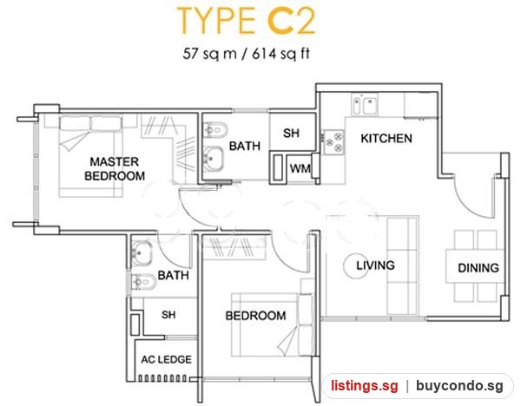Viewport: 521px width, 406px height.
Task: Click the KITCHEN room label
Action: (x=386, y=139)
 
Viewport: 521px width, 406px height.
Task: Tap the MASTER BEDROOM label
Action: (x=115, y=168)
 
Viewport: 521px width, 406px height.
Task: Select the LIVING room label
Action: (x=375, y=265)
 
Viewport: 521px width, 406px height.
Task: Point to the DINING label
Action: (x=478, y=268)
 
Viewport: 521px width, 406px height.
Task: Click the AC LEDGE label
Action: (x=166, y=359)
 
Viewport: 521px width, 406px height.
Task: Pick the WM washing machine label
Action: (x=300, y=168)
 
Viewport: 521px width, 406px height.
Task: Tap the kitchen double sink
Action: (x=365, y=104)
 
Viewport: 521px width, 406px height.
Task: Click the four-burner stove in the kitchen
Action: (x=333, y=141)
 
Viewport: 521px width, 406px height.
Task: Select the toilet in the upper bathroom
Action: (x=215, y=130)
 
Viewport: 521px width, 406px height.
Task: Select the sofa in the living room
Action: (x=403, y=265)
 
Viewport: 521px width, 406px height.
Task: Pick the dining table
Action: (x=476, y=265)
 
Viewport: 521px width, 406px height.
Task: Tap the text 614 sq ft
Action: (x=280, y=54)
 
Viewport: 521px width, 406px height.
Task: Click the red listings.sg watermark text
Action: (x=364, y=386)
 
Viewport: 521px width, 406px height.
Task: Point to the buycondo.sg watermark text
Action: (x=459, y=386)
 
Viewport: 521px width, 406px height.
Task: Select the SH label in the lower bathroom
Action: (x=168, y=314)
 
